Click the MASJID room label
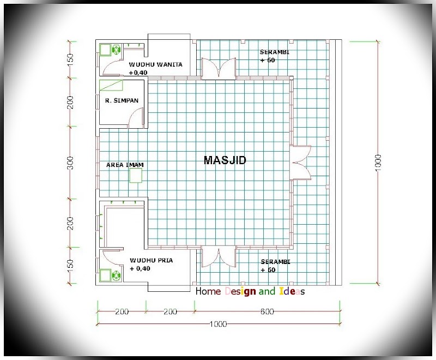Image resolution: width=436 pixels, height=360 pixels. tap(225, 160)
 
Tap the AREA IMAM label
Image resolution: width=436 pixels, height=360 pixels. tap(125, 165)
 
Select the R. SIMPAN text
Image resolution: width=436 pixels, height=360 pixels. tap(122, 100)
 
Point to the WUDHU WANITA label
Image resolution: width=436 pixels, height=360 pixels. tap(155, 64)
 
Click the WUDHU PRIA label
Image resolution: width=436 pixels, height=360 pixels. tap(152, 260)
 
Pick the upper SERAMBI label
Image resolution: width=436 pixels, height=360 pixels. tap(275, 52)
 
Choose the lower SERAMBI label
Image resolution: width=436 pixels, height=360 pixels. tap(275, 262)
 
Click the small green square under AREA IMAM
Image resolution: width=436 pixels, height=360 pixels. tap(136, 176)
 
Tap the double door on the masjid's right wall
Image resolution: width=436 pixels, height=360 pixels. tap(300, 162)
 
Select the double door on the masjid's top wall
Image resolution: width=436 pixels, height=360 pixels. tap(219, 68)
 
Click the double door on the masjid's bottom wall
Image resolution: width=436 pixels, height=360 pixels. tap(219, 256)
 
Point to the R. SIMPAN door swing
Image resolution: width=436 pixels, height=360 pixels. tap(136, 118)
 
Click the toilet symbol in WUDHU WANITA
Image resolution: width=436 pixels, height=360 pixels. tap(116, 50)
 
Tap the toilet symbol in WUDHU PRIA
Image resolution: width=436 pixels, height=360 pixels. tap(116, 275)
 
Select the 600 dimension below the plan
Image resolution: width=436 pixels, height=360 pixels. tap(267, 311)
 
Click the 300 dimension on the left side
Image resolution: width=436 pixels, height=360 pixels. tap(70, 163)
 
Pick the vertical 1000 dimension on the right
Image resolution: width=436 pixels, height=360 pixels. tap(378, 163)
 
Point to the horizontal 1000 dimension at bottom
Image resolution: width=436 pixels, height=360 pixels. tap(219, 324)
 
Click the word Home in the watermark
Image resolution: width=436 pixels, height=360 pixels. tap(208, 291)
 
